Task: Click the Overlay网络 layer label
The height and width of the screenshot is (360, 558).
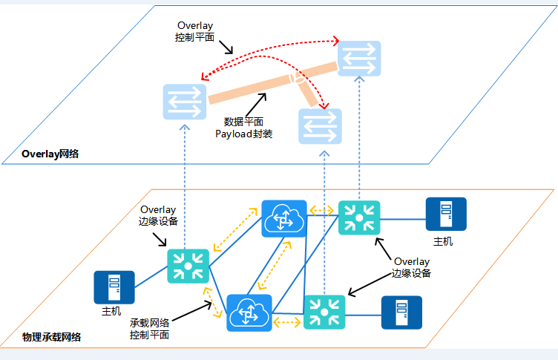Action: (50, 154)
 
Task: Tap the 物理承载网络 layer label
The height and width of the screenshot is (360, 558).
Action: (52, 337)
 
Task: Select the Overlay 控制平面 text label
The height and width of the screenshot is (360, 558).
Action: (194, 31)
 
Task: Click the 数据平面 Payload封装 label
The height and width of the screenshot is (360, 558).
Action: (244, 128)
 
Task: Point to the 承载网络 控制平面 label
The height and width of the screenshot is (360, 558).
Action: (149, 329)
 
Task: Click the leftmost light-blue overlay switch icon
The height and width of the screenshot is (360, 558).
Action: (185, 102)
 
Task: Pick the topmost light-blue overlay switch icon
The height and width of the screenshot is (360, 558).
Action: (359, 59)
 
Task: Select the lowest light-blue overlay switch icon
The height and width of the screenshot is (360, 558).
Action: (321, 126)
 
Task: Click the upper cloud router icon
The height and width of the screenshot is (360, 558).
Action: (284, 219)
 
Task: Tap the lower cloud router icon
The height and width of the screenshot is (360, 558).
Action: (249, 313)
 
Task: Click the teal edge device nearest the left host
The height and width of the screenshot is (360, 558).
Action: (188, 266)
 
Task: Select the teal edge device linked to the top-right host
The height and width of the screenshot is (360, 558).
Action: (359, 218)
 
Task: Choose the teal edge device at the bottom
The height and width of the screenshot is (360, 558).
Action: (324, 312)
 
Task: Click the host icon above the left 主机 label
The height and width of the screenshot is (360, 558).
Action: (114, 287)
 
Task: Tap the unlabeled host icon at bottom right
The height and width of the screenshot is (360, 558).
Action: (401, 312)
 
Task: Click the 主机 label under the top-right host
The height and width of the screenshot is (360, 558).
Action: (443, 241)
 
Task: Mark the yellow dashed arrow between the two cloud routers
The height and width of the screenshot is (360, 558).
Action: (275, 265)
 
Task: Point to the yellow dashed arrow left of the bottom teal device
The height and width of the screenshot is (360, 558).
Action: (287, 323)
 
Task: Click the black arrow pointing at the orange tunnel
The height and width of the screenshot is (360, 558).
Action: (256, 105)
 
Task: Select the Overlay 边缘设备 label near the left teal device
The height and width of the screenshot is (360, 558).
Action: (158, 215)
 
